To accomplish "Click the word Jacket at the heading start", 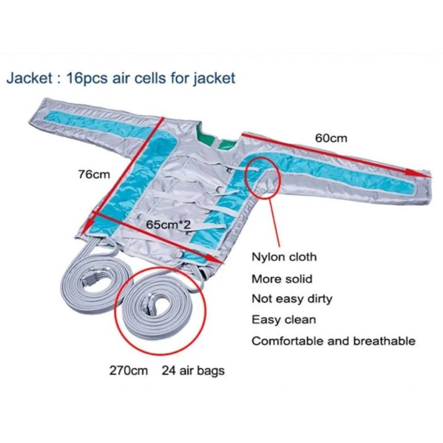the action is click(x=29, y=78).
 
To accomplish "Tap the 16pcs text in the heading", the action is click(x=87, y=79).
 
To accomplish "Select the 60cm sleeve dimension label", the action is click(x=331, y=138).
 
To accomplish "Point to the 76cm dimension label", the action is click(x=94, y=175).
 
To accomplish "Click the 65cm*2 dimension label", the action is click(x=169, y=225).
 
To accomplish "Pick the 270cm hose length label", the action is click(x=129, y=370).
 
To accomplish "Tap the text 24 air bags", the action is click(x=193, y=371).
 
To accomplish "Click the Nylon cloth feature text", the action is click(x=284, y=257).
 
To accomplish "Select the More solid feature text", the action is click(x=282, y=279).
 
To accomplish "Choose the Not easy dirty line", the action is click(x=292, y=299).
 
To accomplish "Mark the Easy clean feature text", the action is click(x=284, y=320).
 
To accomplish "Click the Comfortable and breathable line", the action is click(x=333, y=341).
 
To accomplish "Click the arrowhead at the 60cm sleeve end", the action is click(x=420, y=174).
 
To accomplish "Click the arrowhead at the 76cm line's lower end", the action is click(x=88, y=223).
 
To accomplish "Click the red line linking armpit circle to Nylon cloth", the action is click(x=275, y=222).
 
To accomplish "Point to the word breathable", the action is click(x=384, y=341).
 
